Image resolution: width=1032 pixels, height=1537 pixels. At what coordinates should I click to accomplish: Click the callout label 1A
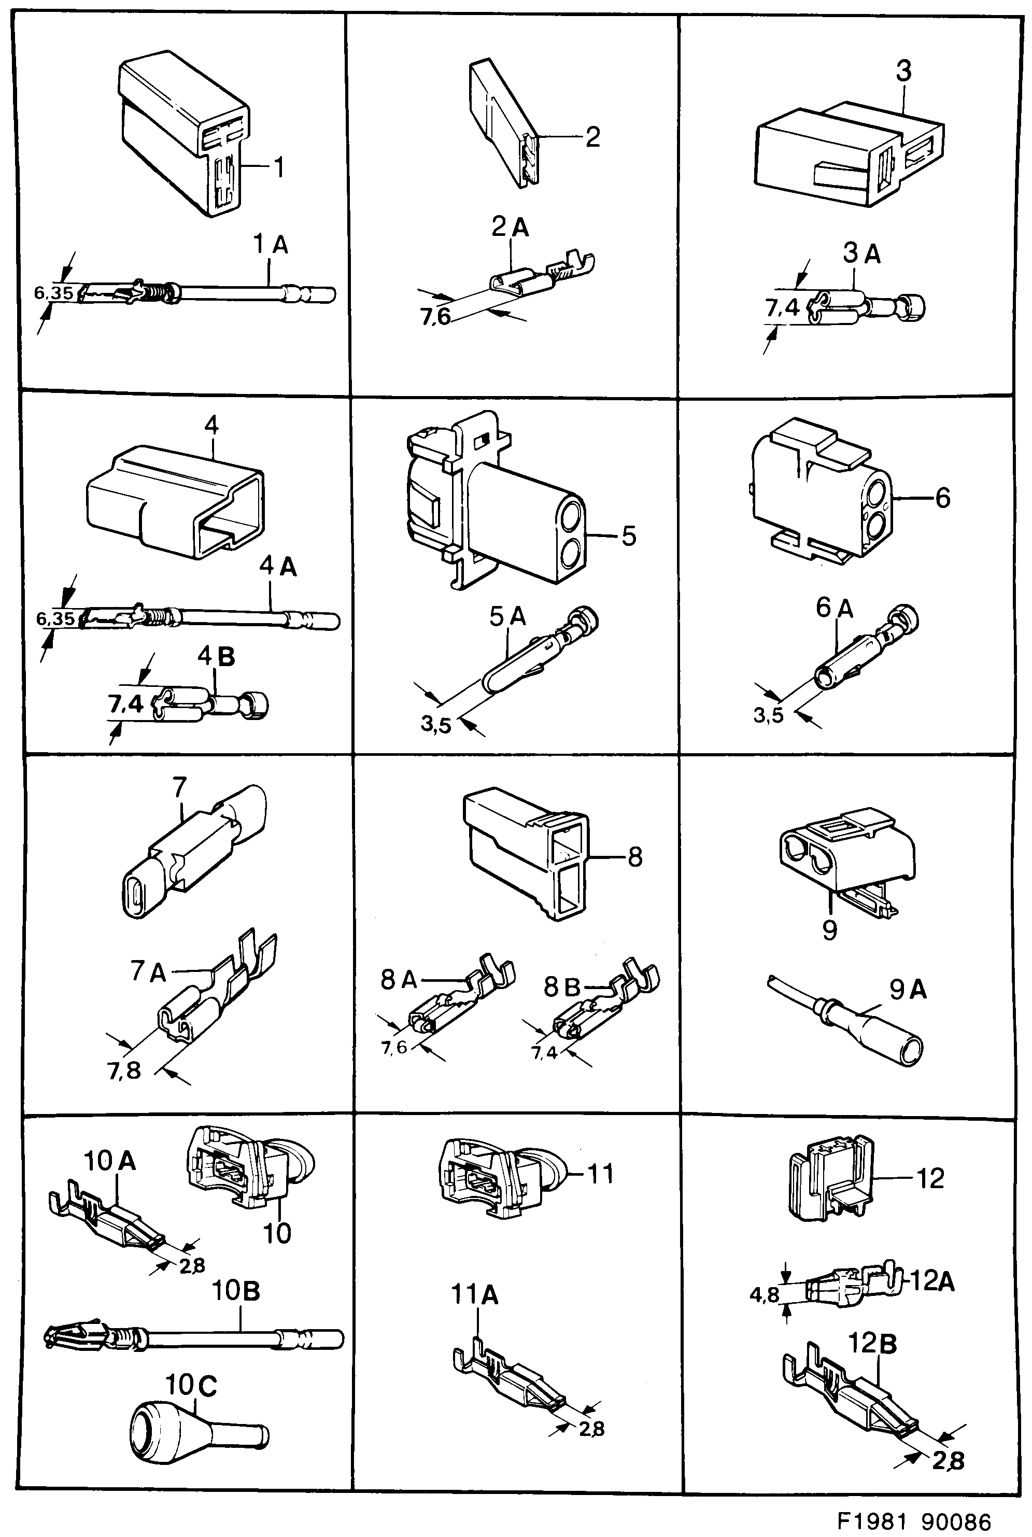(271, 246)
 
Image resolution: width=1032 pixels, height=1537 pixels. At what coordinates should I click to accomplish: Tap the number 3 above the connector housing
(903, 71)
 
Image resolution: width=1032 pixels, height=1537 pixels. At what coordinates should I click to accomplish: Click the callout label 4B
(217, 657)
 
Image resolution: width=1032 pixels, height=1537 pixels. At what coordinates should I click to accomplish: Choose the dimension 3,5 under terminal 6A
(768, 715)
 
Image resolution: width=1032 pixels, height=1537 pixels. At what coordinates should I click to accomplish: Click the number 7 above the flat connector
(180, 787)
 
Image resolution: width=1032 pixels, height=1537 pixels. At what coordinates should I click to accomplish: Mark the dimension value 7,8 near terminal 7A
(124, 1071)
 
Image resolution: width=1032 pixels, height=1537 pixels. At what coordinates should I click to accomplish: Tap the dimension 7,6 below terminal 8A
(394, 1047)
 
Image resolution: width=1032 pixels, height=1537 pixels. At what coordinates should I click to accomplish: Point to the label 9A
(908, 990)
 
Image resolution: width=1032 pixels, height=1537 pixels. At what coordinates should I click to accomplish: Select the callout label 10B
(236, 1291)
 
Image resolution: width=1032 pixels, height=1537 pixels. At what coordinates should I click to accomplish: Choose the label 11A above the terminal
(475, 1295)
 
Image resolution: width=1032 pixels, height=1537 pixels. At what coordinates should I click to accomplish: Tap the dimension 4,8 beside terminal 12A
(764, 1295)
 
